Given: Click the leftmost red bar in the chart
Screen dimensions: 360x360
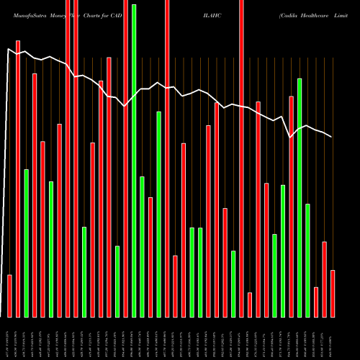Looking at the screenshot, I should point(9,296).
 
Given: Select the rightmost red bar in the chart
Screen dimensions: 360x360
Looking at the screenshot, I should point(332,294).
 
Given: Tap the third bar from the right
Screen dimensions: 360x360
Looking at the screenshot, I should point(316,302).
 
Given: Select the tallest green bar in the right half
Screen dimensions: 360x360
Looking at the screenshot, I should point(300,198).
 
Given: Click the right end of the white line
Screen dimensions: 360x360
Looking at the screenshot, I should point(332,137).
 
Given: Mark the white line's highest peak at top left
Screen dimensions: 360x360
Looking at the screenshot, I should point(9,49).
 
